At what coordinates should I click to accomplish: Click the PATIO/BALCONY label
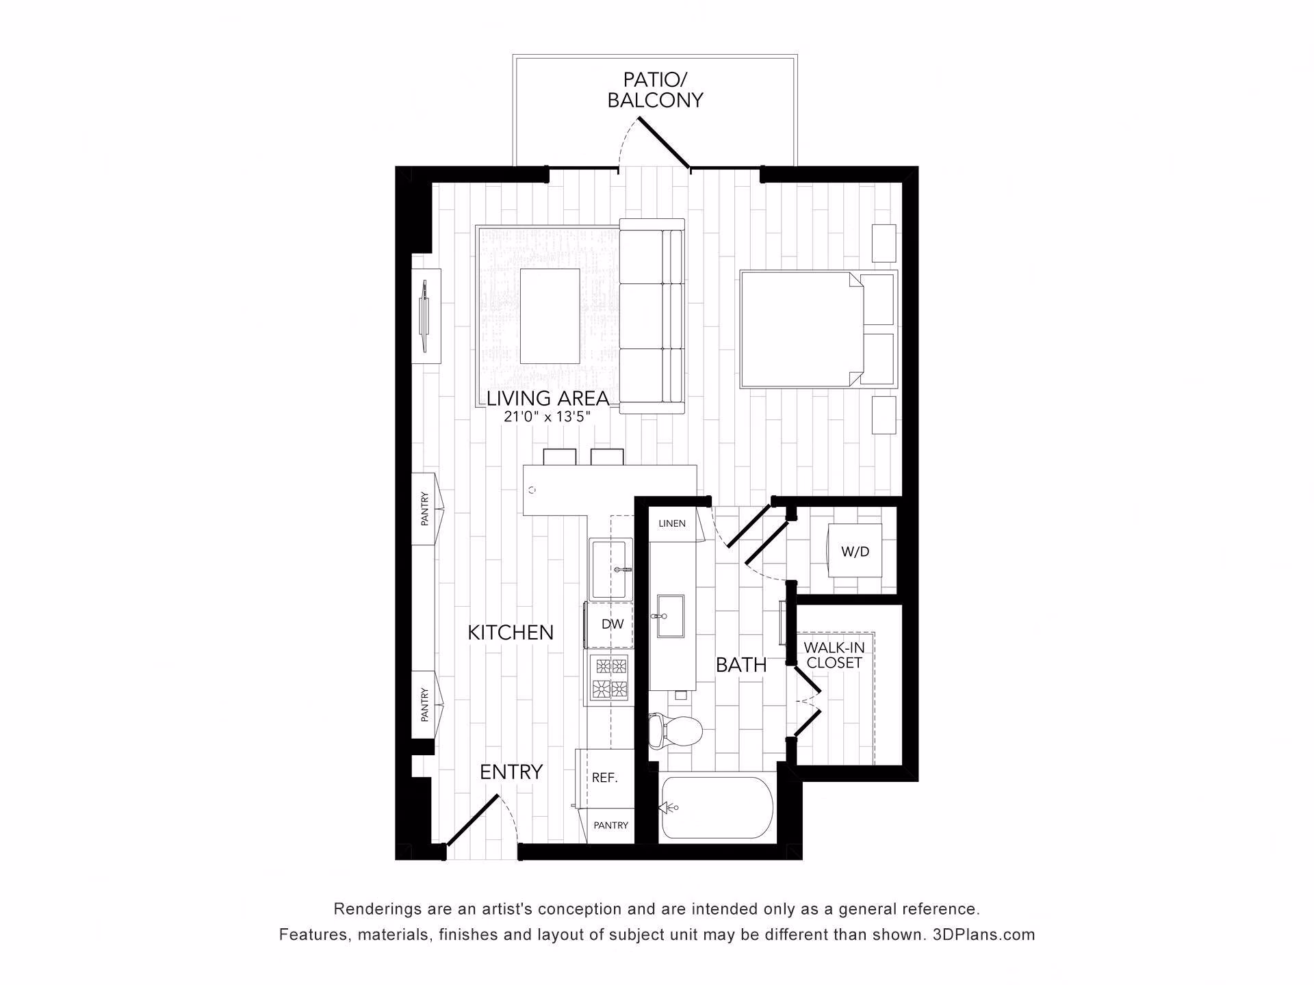[655, 90]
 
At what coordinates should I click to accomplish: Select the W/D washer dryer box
[855, 550]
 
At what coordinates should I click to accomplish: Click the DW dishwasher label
[613, 624]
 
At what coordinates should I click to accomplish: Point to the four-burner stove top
[609, 677]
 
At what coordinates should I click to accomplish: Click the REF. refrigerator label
[604, 778]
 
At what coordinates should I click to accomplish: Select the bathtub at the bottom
[716, 807]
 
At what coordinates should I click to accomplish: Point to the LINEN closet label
[671, 523]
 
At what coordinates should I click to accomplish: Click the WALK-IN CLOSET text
[834, 655]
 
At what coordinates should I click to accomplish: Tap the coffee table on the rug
[550, 315]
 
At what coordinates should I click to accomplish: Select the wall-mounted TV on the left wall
[426, 315]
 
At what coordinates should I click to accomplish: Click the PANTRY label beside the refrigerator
[610, 826]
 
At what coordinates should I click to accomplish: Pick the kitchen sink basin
[610, 569]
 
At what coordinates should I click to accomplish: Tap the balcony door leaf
[663, 143]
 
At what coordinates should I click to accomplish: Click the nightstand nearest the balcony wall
[884, 243]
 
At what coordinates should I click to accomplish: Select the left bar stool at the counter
[559, 457]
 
